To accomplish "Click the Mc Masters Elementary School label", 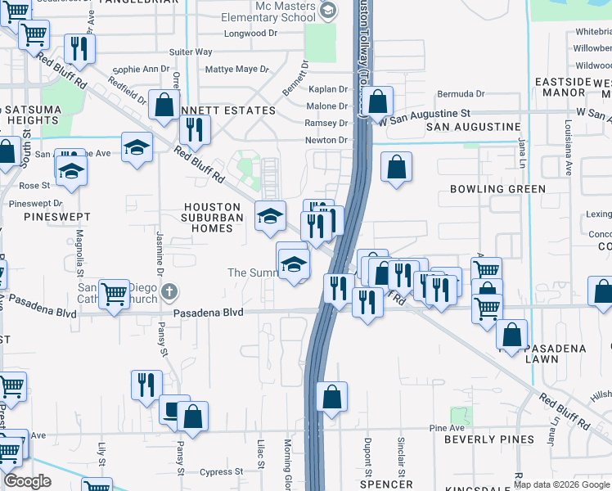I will click(x=274, y=11).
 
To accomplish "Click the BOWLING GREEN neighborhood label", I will click(x=497, y=189).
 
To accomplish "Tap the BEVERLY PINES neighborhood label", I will click(x=489, y=439).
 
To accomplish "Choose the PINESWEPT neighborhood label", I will click(x=56, y=217).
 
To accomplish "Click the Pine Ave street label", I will click(x=446, y=428).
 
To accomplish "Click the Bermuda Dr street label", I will click(x=461, y=94).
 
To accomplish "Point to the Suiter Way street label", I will click(x=191, y=52).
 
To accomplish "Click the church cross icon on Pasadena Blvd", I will click(x=169, y=291).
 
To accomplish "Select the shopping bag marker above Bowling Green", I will click(x=396, y=167).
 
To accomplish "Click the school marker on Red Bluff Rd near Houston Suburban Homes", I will click(x=270, y=216).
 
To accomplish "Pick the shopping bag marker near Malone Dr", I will click(x=377, y=102).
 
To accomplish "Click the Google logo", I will click(x=27, y=482).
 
